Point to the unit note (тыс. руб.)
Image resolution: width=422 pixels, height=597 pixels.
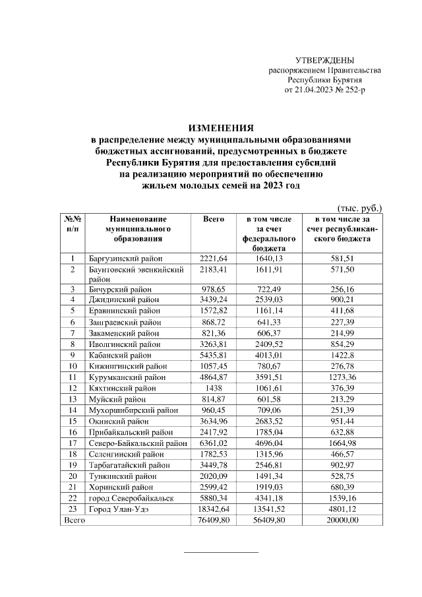tap(359, 208)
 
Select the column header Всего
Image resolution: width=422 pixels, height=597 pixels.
tap(214, 219)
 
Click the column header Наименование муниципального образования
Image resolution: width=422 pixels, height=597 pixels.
tap(138, 228)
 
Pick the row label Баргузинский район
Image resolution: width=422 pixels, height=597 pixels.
tap(125, 259)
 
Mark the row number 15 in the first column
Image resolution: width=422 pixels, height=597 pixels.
tap(73, 421)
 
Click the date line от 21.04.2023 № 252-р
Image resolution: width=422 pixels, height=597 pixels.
tap(324, 89)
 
